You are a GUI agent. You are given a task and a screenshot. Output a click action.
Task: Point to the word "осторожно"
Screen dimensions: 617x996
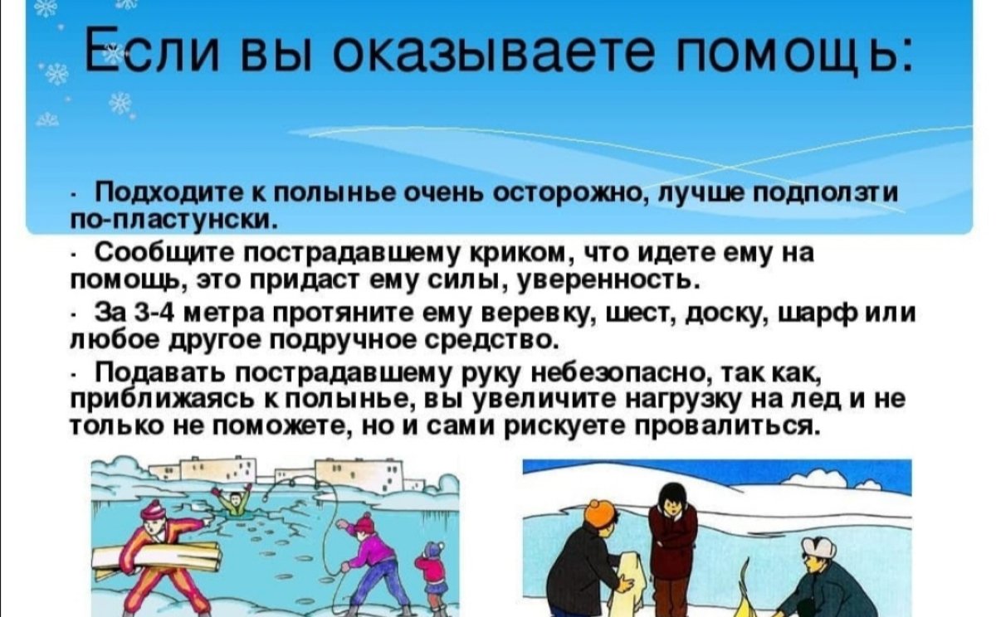click(x=567, y=193)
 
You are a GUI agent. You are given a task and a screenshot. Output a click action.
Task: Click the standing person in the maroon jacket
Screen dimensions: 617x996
click(x=671, y=539)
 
